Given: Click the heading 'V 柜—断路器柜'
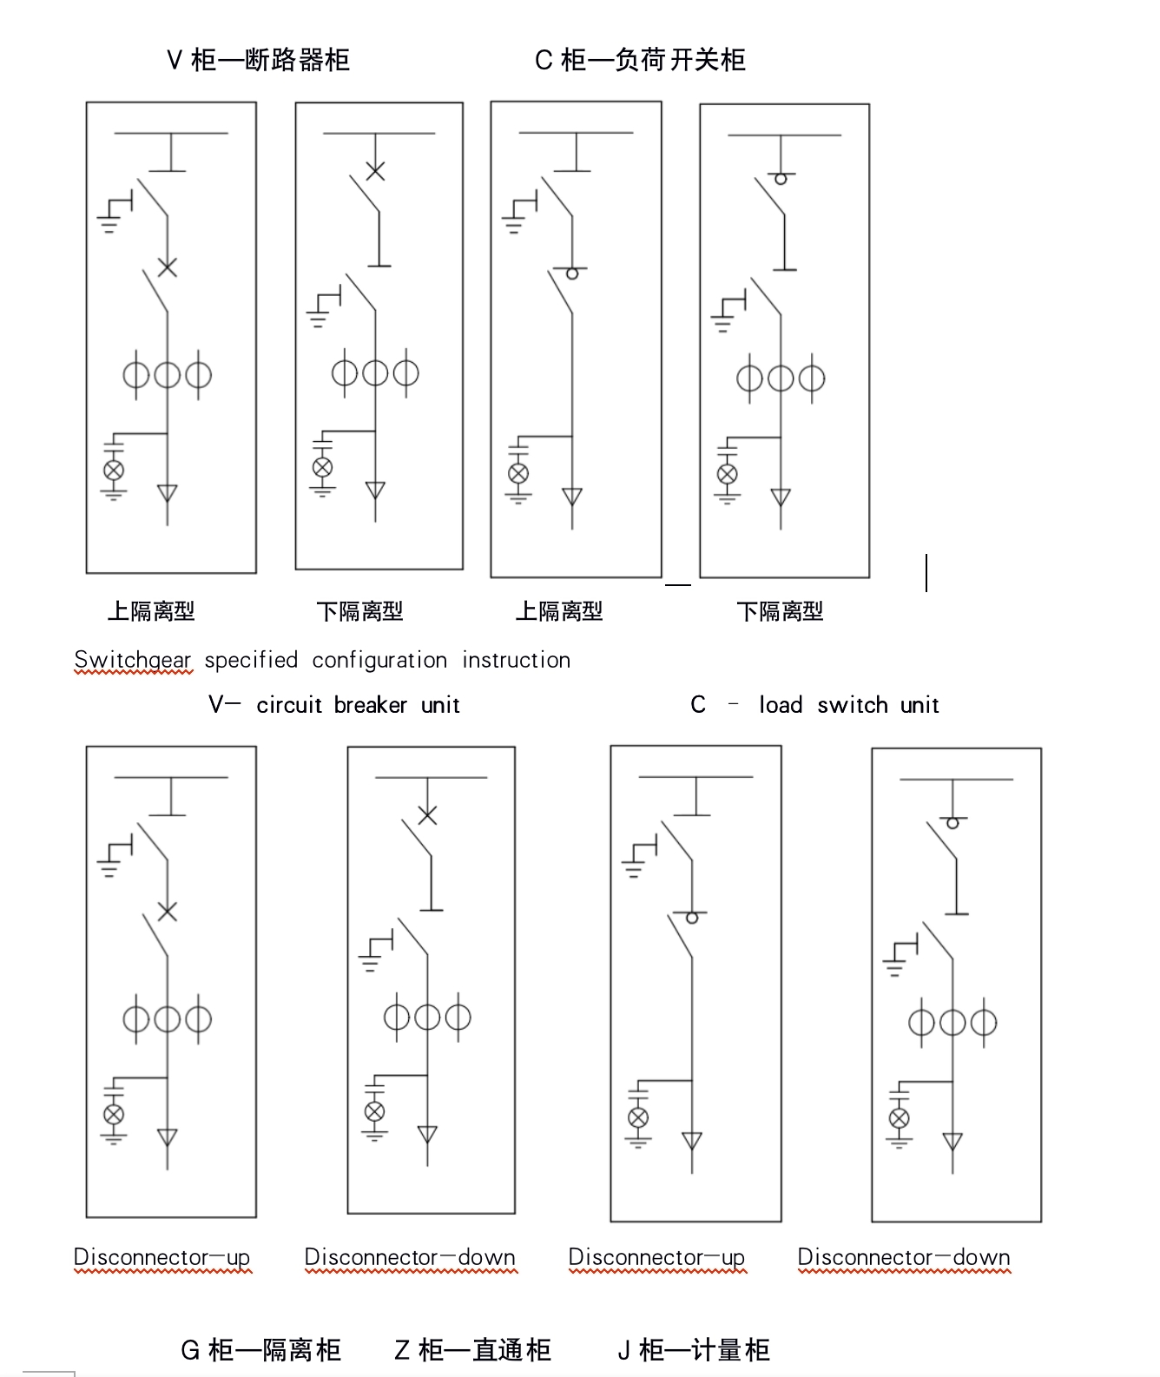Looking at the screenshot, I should [258, 60].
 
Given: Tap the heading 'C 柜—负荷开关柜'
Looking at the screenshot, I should [640, 60].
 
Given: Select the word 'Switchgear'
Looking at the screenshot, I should [132, 660].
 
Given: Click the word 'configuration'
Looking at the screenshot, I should [379, 660].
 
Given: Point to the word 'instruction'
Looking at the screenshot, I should [516, 660].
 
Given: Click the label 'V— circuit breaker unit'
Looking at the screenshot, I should [333, 704].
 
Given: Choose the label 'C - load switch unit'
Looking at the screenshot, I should [814, 704].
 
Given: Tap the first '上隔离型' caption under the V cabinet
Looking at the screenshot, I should [151, 611].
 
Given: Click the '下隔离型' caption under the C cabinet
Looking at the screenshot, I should [780, 611].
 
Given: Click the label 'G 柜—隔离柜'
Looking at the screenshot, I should [260, 1349].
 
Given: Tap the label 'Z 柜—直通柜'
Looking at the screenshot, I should [472, 1349].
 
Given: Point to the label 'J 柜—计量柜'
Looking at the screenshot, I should [694, 1349].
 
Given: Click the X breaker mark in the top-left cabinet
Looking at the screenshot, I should [167, 267].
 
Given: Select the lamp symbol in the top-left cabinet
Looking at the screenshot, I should [114, 470].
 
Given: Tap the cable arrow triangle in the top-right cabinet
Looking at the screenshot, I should [781, 497].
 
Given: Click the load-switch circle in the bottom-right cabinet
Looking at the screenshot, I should [952, 822].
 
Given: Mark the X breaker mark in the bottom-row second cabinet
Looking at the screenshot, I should [427, 814].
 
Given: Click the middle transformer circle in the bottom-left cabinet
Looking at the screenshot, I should [167, 1018].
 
